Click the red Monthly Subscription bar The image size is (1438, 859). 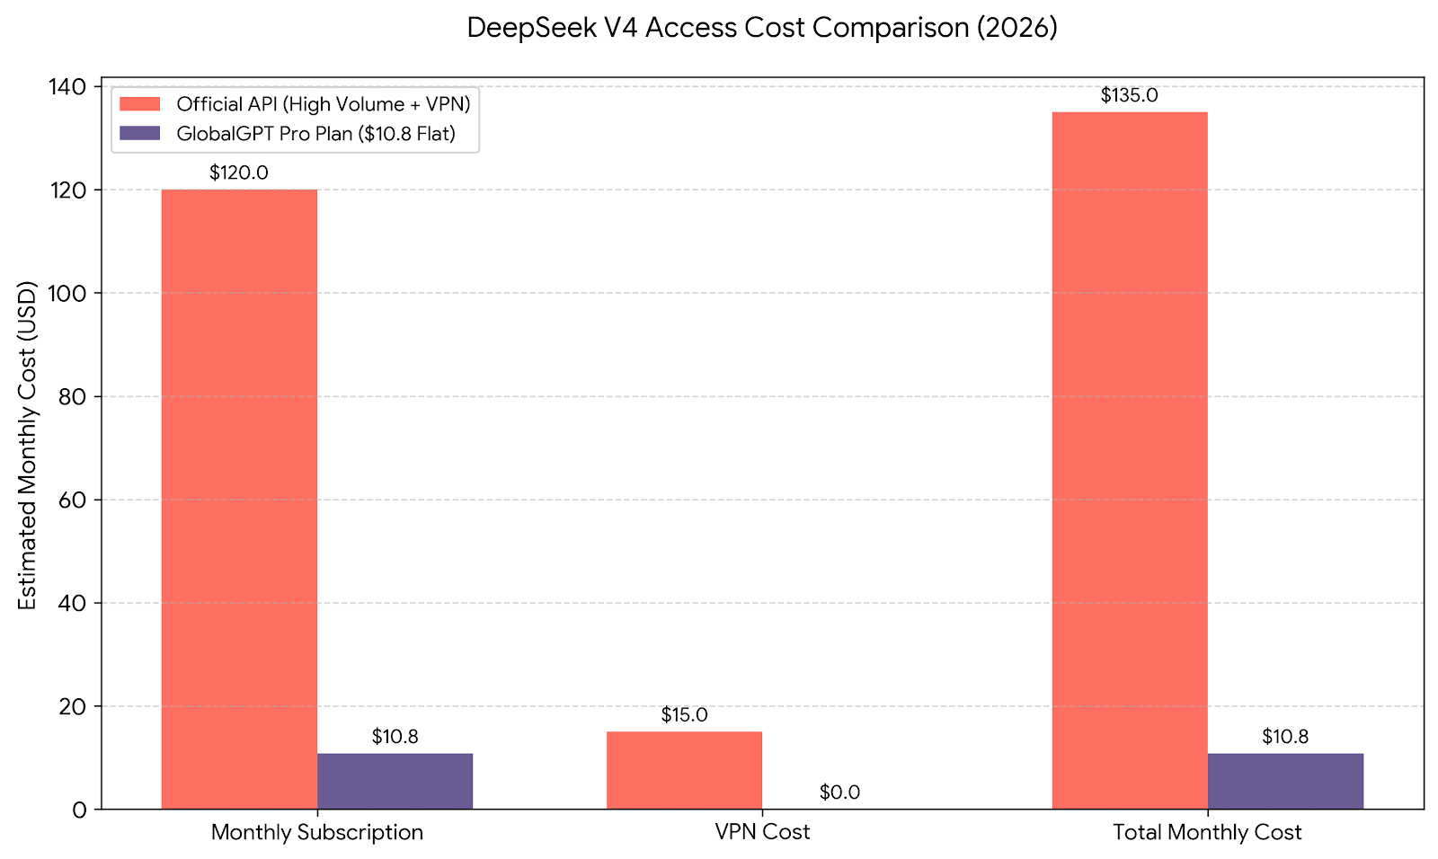coord(239,499)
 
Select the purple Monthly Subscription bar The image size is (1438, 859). coord(395,781)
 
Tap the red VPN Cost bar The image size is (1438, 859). coord(684,770)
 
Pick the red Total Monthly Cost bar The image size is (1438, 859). coord(1130,460)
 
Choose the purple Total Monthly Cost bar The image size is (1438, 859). coord(1285,781)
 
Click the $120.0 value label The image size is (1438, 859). coord(239,173)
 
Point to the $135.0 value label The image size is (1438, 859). coord(1130,95)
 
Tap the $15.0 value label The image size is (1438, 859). coord(684,715)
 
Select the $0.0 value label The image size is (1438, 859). coord(839,793)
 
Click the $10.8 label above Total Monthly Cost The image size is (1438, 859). coord(1285,737)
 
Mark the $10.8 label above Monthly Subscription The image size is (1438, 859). coord(395,737)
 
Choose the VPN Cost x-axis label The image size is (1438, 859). coord(762,832)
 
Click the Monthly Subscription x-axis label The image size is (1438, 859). coord(317,832)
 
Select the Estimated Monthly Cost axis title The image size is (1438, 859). coord(28,447)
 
